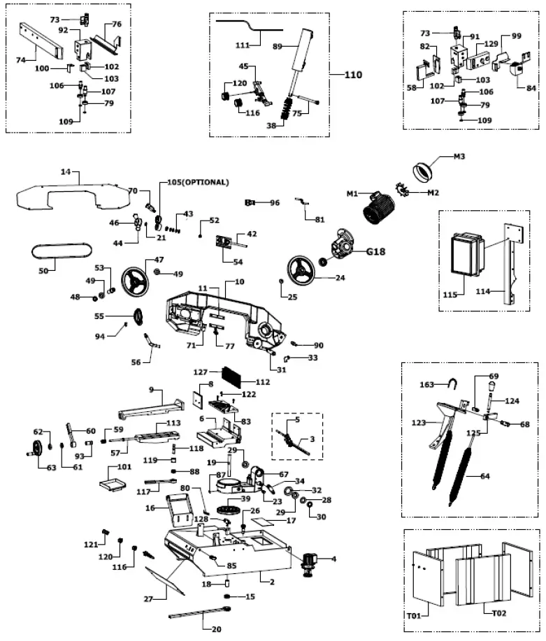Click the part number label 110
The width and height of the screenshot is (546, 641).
click(x=353, y=75)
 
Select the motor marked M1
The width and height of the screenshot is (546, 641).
click(x=378, y=208)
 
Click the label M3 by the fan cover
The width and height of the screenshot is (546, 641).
click(x=459, y=156)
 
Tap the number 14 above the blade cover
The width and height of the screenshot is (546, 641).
click(x=66, y=170)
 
